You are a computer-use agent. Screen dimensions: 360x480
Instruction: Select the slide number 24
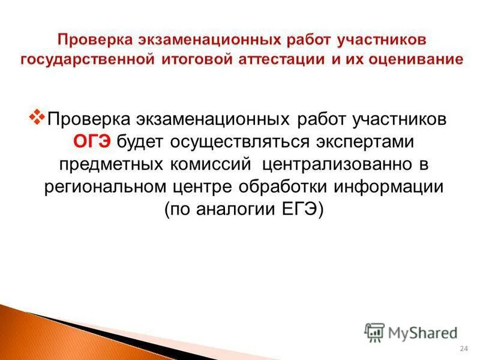tap(463, 350)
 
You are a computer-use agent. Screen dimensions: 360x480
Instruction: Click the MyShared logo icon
tap(374, 332)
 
